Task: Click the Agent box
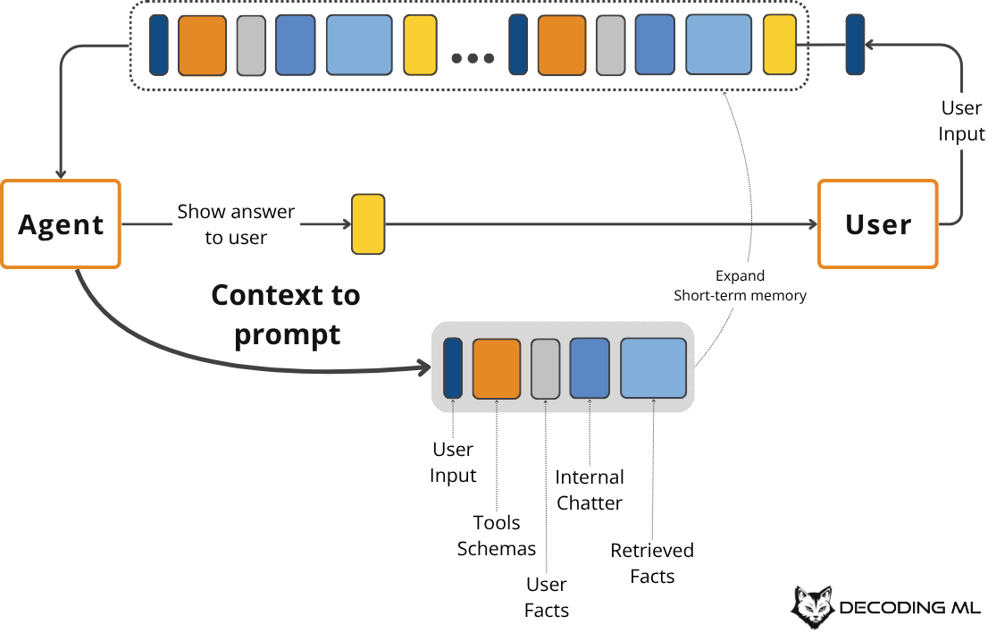61,224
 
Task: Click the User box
878,224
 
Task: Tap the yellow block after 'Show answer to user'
367,224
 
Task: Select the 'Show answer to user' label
236,224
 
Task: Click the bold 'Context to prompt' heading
286,315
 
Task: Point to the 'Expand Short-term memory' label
740,285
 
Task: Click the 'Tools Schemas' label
497,536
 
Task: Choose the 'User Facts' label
547,597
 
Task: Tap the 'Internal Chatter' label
590,490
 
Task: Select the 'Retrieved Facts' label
652,563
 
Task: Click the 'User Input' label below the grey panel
453,462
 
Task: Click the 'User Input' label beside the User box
962,121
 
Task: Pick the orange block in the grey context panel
496,367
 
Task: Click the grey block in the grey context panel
545,367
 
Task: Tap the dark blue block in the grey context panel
453,367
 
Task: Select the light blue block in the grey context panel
653,367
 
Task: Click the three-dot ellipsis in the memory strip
473,59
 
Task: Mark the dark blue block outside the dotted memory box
855,45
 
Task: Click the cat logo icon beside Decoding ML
812,607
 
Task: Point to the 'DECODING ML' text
909,609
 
